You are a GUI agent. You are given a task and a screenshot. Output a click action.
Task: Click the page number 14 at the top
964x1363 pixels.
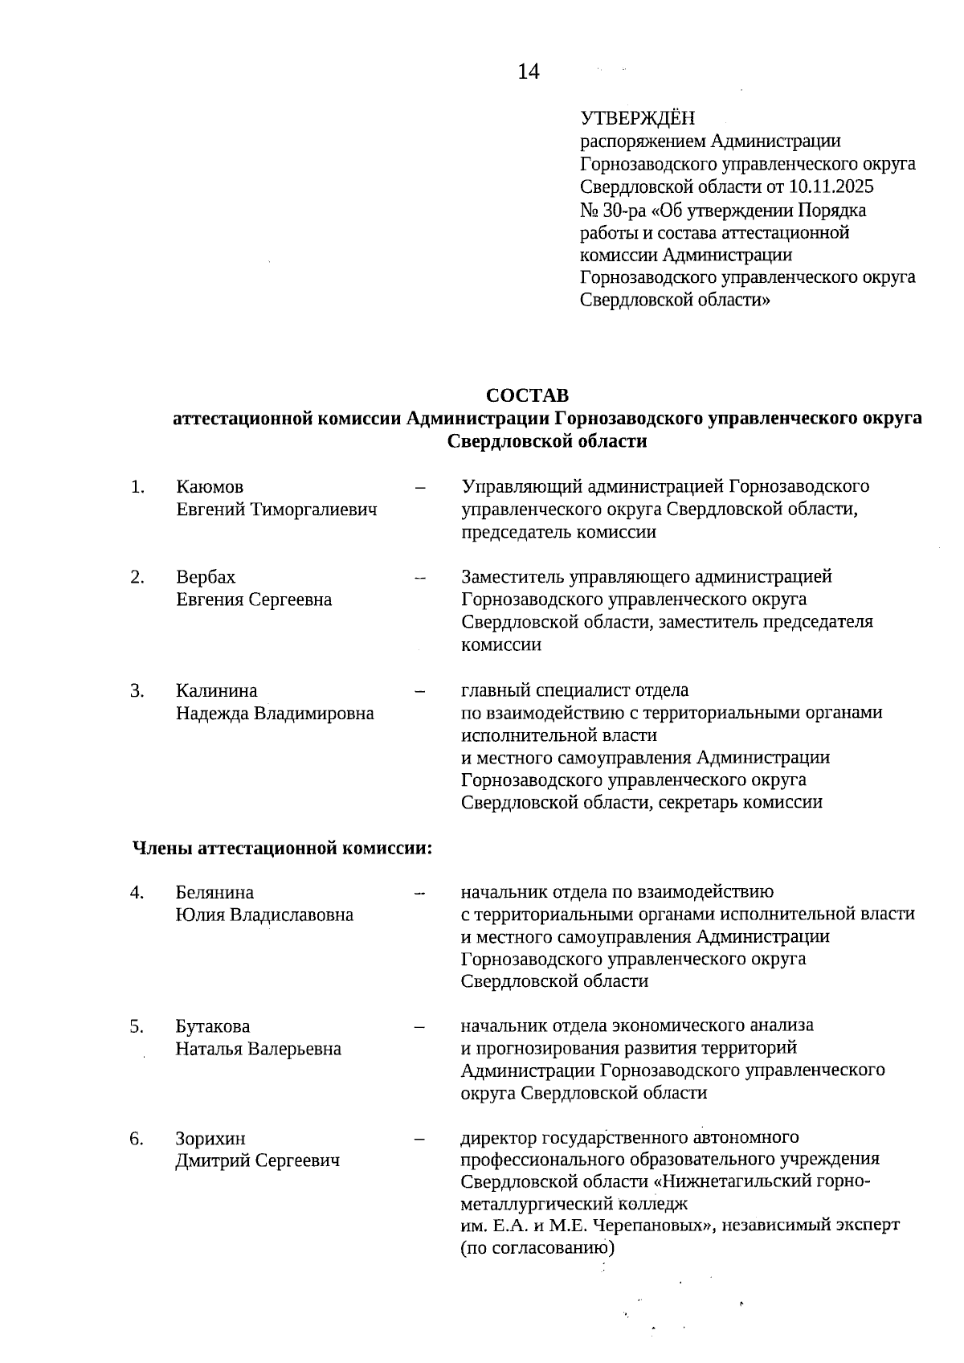pos(529,72)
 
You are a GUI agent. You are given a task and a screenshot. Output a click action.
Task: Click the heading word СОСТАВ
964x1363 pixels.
pos(527,395)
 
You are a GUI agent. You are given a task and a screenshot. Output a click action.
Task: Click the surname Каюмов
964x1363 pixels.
pos(210,487)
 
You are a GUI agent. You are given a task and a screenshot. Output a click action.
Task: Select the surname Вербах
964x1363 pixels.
pos(206,577)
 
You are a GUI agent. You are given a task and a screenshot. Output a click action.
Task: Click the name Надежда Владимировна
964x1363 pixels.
pos(275,713)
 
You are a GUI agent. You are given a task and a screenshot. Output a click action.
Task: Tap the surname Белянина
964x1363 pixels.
pos(214,892)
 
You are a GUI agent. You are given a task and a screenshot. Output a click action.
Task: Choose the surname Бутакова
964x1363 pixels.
pos(213,1026)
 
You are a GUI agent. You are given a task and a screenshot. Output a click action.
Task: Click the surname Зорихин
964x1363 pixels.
pos(210,1139)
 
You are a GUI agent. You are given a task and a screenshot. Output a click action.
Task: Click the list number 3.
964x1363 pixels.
pos(137,690)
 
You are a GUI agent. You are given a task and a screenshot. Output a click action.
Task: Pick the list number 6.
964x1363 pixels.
pos(137,1139)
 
